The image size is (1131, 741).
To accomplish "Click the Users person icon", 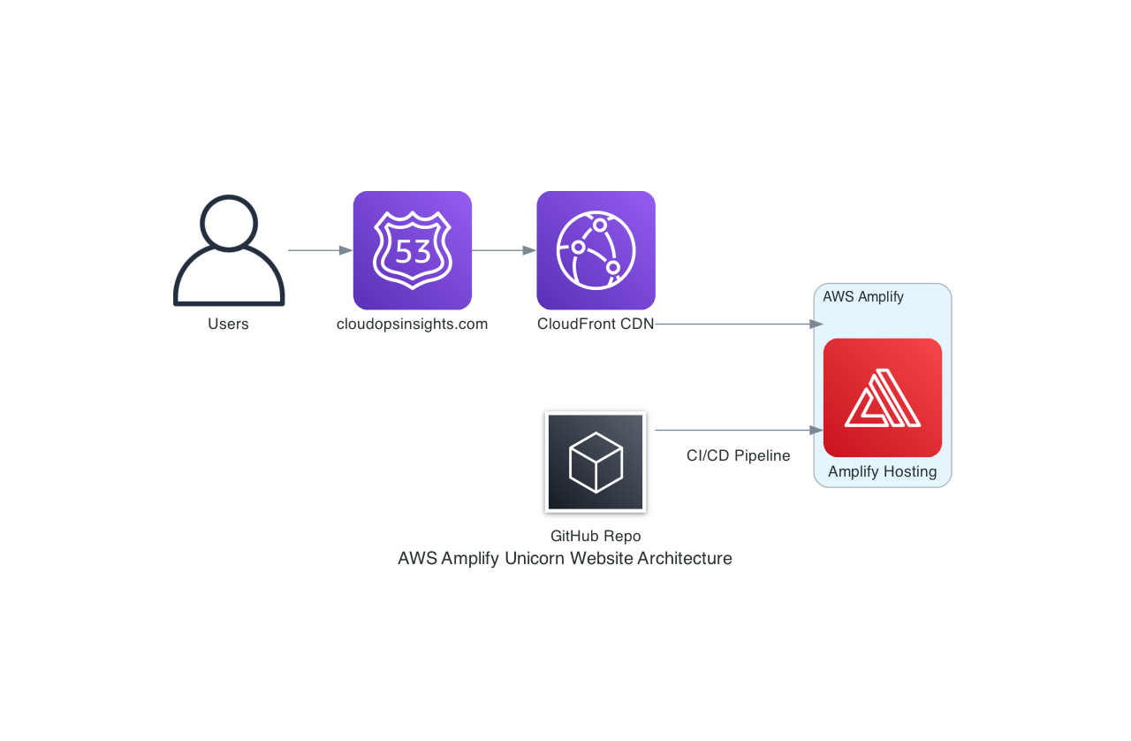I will pyautogui.click(x=229, y=251).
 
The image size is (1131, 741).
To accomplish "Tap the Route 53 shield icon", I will pyautogui.click(x=413, y=250).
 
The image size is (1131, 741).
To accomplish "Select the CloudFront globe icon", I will pyautogui.click(x=596, y=250).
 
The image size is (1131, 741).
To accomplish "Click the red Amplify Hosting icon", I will pyautogui.click(x=882, y=397).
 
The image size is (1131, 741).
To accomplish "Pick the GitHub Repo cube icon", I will pyautogui.click(x=596, y=462).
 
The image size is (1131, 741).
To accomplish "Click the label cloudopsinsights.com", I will pyautogui.click(x=412, y=324).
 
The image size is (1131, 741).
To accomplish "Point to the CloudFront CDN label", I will pyautogui.click(x=596, y=324).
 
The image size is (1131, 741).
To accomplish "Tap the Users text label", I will pyautogui.click(x=228, y=324).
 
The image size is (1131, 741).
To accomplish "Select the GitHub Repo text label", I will pyautogui.click(x=596, y=536).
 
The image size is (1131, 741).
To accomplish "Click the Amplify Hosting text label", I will pyautogui.click(x=882, y=471).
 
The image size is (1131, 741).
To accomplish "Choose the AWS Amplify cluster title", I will pyautogui.click(x=863, y=296).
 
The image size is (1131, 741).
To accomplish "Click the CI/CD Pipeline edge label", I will pyautogui.click(x=738, y=455).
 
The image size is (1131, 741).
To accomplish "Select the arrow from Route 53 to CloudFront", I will pyautogui.click(x=504, y=250).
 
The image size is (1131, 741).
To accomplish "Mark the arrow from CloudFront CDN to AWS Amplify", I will pyautogui.click(x=733, y=325).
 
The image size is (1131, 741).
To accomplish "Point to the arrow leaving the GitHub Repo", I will pyautogui.click(x=733, y=431).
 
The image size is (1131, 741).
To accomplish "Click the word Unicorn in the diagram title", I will pyautogui.click(x=535, y=558).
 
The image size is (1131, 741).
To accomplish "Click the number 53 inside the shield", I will pyautogui.click(x=413, y=252).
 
